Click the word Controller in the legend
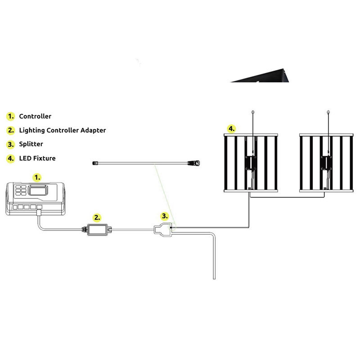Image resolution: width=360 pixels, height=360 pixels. click(35, 116)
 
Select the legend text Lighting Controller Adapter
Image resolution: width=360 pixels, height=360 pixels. click(63, 130)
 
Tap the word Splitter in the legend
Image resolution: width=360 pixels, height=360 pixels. click(31, 144)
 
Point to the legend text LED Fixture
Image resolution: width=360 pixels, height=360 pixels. click(37, 158)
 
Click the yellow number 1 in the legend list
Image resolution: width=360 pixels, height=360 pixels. click(10, 116)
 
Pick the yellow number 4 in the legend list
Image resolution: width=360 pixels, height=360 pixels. click(10, 158)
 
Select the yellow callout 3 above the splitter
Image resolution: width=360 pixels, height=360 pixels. click(165, 216)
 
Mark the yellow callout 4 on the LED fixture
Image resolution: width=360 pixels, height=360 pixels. click(231, 129)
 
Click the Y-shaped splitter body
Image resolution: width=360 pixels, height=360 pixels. click(163, 229)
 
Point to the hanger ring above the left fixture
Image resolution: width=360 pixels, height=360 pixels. click(253, 111)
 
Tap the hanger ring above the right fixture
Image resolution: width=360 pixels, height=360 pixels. click(328, 111)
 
